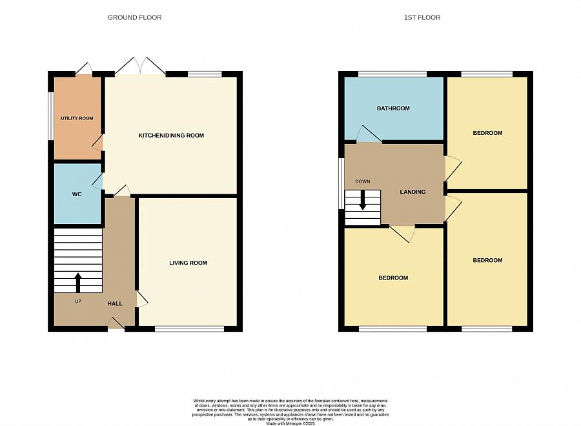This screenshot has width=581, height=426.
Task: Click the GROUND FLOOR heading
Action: [134, 17]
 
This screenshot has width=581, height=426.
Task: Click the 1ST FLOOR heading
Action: [422, 17]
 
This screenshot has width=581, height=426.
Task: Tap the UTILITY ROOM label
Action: [77, 118]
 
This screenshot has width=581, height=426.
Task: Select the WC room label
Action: [77, 194]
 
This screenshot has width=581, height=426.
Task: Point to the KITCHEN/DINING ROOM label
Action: [171, 136]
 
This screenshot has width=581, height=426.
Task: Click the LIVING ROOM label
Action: [189, 263]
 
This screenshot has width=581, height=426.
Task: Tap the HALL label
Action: [115, 304]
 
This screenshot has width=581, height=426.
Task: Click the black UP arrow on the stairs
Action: [78, 283]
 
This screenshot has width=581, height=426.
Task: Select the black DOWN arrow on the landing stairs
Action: [362, 200]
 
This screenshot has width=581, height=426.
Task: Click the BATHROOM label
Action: [393, 108]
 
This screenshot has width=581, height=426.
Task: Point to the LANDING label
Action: [413, 192]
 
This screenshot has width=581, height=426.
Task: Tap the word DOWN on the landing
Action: [362, 181]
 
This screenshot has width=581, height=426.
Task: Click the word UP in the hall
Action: [78, 301]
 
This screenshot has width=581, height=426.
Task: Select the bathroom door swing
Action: [369, 134]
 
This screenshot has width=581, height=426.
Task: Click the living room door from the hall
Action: [142, 299]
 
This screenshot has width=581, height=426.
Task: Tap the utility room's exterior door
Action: [84, 69]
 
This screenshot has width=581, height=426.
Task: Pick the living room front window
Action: [189, 328]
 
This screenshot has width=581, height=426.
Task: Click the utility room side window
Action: [51, 116]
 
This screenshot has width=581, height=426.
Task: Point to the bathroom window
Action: [392, 74]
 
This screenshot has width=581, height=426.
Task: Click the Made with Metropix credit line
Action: [290, 423]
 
